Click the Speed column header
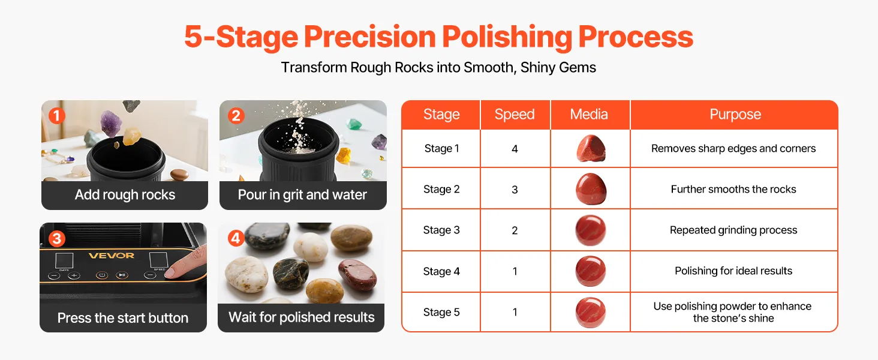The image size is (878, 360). pyautogui.click(x=514, y=114)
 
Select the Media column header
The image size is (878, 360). pyautogui.click(x=589, y=114)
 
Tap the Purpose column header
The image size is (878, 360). pyautogui.click(x=735, y=114)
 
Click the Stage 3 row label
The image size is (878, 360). pyautogui.click(x=441, y=230)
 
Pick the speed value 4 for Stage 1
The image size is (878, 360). pyautogui.click(x=515, y=149)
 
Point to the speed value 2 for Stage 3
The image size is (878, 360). pyautogui.click(x=515, y=230)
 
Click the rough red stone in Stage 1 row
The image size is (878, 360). pyautogui.click(x=591, y=148)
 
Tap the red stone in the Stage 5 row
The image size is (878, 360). pyautogui.click(x=591, y=313)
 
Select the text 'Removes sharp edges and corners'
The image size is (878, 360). pyautogui.click(x=733, y=149)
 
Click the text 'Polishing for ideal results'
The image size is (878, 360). pyautogui.click(x=733, y=271)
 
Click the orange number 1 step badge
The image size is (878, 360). pyautogui.click(x=57, y=116)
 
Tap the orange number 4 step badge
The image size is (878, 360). pyautogui.click(x=236, y=238)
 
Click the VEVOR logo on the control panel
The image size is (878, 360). pyautogui.click(x=112, y=256)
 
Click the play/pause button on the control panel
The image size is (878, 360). pyautogui.click(x=122, y=275)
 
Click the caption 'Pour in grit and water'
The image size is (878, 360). pyautogui.click(x=302, y=194)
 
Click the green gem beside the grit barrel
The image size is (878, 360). pyautogui.click(x=354, y=125)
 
